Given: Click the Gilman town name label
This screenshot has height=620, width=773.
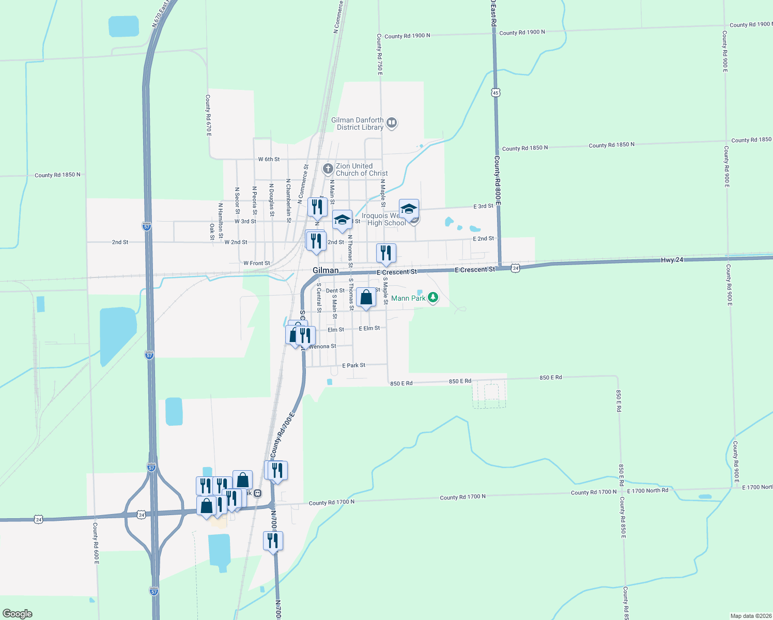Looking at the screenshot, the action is point(326,270).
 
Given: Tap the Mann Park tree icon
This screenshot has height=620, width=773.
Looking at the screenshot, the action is point(433,298).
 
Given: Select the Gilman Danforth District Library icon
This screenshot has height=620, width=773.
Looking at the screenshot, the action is point(391,123).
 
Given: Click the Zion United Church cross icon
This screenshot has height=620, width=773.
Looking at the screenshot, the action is point(328,169).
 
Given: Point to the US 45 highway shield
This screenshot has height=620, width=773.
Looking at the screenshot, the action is point(496,92).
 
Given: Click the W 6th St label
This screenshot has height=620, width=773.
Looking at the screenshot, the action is point(269,160).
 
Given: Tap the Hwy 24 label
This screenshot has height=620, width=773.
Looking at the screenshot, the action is point(672,260).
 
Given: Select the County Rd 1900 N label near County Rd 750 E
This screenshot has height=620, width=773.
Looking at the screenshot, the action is point(407,36).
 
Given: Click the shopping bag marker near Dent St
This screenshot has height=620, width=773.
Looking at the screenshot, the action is point(366,298).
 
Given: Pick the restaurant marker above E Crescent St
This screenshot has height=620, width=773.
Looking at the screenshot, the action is point(386,253).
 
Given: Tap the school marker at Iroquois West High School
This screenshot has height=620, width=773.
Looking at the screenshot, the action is point(409,209).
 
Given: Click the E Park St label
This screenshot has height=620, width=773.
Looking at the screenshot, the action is point(353,365).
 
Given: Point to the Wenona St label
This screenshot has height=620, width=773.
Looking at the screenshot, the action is point(323,346).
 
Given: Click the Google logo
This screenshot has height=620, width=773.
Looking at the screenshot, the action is point(18,614).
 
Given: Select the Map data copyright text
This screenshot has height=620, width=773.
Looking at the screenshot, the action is point(750,616).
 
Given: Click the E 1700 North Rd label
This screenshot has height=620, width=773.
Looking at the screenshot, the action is point(647,490).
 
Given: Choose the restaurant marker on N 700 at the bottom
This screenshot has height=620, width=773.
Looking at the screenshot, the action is point(273,541).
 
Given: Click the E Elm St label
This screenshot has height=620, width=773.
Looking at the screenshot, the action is point(369,329).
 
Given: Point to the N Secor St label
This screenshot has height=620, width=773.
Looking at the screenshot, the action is point(237,200).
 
